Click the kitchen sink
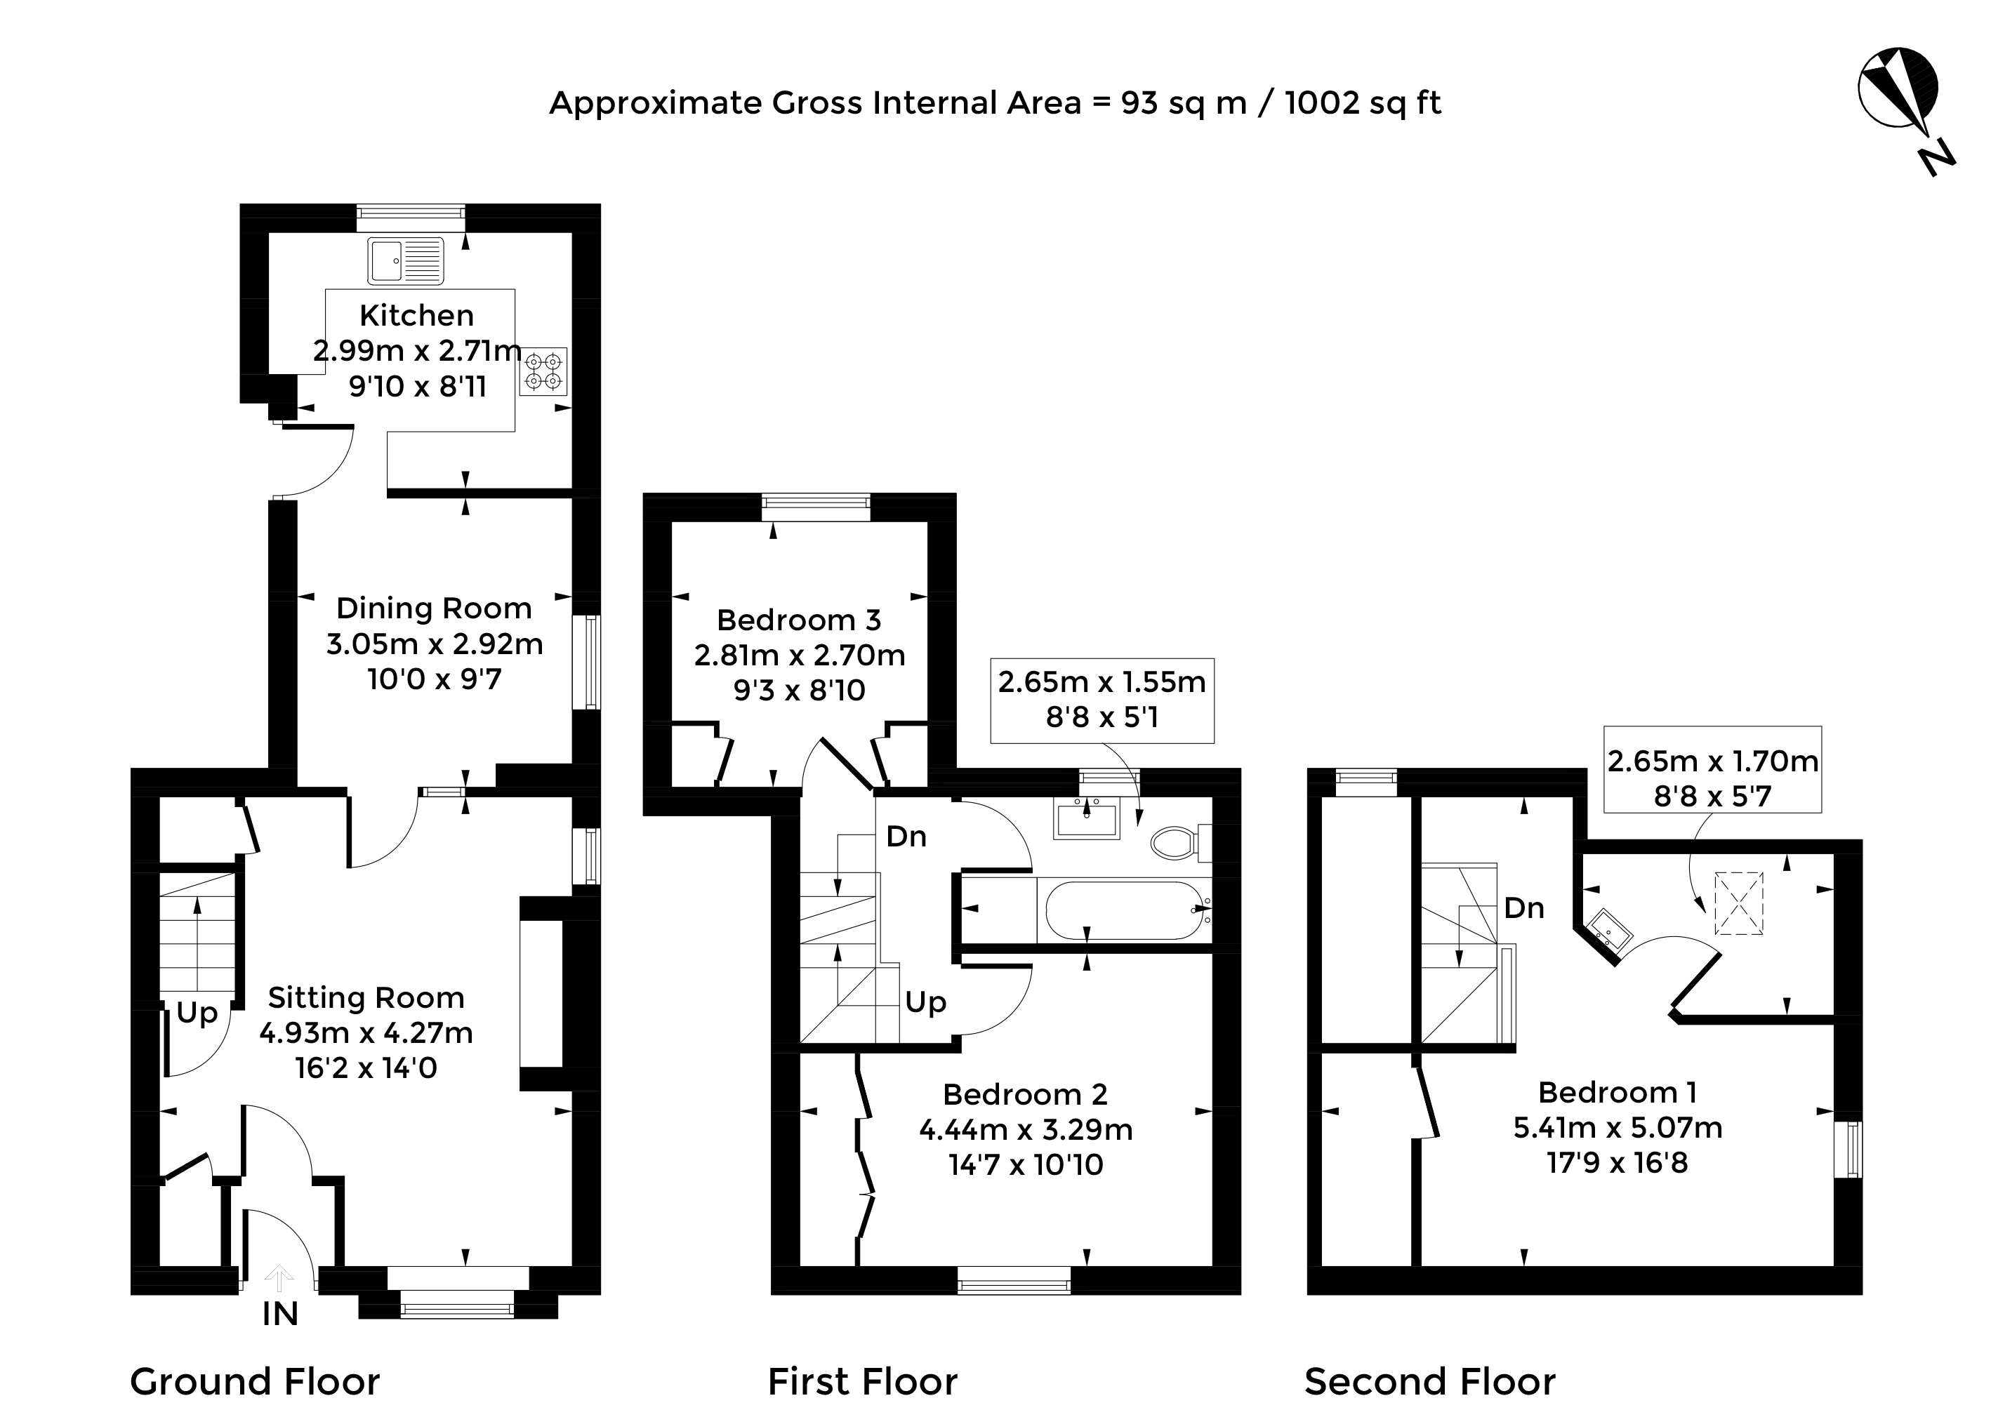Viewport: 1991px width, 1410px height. pos(406,260)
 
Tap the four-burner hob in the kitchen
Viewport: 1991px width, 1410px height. pos(543,371)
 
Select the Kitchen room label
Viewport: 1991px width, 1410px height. pos(417,315)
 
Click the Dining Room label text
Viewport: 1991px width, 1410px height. pos(434,608)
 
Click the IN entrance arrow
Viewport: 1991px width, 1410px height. pos(279,1278)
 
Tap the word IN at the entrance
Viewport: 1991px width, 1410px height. pos(280,1315)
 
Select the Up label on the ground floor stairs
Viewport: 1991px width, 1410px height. pos(197,1013)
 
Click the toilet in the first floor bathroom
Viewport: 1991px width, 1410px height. pos(1181,842)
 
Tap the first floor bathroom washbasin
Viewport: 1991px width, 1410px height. pos(1086,819)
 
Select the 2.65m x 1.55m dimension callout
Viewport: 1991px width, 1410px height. pos(1102,700)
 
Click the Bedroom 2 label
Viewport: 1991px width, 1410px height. pos(1026,1094)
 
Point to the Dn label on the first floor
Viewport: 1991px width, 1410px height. pos(906,836)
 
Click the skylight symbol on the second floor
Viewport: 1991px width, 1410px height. pos(1739,904)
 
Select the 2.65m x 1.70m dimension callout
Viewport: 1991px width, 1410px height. pos(1712,769)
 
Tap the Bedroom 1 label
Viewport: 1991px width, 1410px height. pos(1618,1091)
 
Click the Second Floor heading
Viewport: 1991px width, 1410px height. pos(1429,1381)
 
